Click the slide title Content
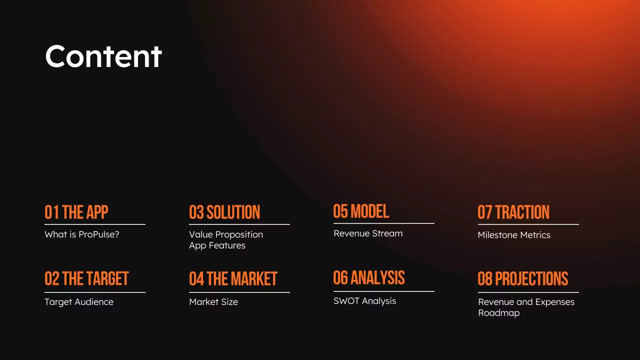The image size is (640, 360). point(103,56)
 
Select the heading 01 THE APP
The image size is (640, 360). point(76,212)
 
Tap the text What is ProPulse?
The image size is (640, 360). point(81,234)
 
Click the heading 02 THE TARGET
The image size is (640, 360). point(86,279)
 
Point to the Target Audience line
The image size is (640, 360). point(78,301)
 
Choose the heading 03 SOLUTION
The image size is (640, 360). point(224,212)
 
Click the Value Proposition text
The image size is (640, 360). point(225,234)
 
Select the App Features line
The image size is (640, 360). point(217,245)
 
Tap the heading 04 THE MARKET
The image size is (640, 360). point(233,279)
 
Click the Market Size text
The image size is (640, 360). point(213,301)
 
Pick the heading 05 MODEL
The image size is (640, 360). point(361,211)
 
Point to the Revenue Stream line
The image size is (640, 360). point(367,233)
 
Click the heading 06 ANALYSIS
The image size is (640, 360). point(369,278)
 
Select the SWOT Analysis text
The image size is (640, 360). point(364,300)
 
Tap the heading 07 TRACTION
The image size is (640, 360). point(513,212)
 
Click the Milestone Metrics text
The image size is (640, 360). point(513,235)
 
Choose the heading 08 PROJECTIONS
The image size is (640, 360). point(522,279)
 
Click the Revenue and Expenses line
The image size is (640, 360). point(526,301)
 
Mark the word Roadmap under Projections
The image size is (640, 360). point(498,313)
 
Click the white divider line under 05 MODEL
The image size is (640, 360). point(383,223)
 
